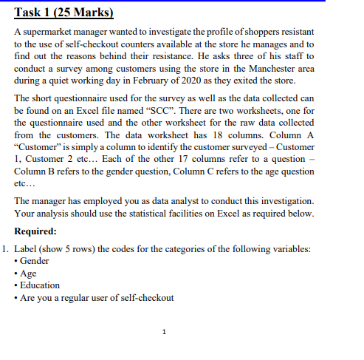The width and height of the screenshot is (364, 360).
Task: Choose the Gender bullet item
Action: point(34,262)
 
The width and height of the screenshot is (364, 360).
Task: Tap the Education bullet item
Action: point(40,285)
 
